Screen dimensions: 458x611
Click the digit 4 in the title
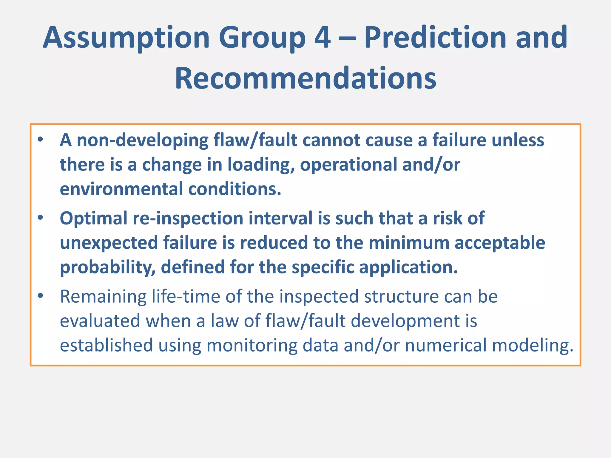click(x=323, y=38)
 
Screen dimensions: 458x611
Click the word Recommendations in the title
click(x=305, y=78)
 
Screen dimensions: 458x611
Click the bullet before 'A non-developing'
click(x=41, y=140)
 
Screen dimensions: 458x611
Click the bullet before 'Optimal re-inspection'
click(x=41, y=218)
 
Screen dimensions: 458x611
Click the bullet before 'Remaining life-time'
click(x=41, y=296)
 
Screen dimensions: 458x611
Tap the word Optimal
click(x=94, y=218)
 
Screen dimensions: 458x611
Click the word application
click(x=408, y=267)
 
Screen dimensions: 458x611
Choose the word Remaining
click(x=103, y=296)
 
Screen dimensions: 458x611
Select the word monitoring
click(x=252, y=345)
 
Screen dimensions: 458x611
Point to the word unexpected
click(x=109, y=243)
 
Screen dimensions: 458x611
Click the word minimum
click(x=409, y=243)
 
